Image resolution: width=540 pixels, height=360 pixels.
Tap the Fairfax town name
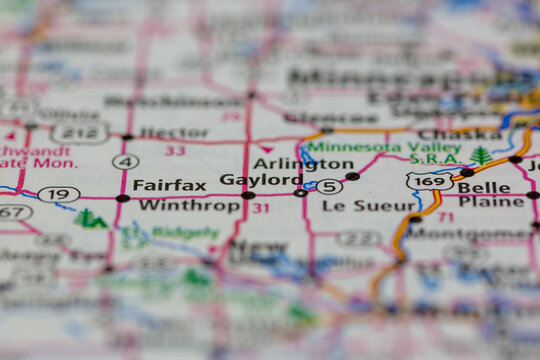click(169, 185)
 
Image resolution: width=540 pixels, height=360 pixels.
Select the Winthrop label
click(175, 206)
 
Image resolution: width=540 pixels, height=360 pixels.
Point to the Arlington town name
click(289, 163)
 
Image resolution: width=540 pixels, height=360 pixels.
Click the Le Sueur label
click(355, 206)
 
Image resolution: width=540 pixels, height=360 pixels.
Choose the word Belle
click(483, 186)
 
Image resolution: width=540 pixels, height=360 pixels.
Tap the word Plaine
click(491, 202)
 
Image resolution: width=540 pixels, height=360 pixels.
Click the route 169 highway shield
click(429, 181)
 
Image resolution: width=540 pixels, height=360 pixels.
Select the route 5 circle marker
click(329, 186)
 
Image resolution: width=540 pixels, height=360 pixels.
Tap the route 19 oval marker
click(59, 194)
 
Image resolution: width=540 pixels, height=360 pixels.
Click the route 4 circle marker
click(126, 161)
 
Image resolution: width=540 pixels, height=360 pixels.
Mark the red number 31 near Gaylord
click(260, 208)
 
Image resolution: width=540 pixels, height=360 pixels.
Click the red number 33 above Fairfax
click(175, 151)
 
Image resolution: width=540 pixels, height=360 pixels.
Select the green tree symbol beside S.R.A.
click(482, 156)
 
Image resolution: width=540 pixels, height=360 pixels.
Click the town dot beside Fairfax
click(122, 198)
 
